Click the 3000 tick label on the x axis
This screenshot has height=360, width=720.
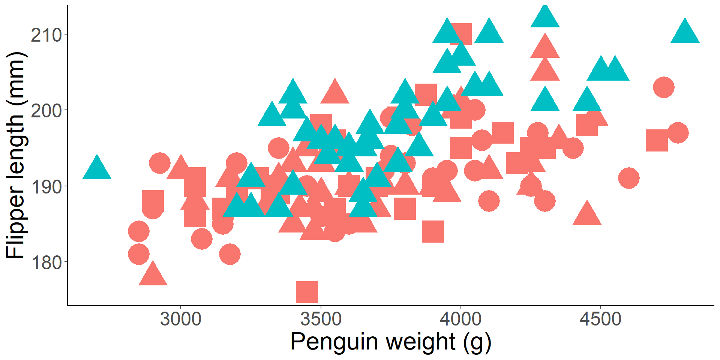point(181,319)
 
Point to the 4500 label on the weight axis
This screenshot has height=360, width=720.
point(600,319)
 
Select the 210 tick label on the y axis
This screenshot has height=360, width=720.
point(46,35)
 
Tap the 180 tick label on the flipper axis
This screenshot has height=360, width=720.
point(46,262)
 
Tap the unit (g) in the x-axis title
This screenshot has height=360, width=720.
point(477,342)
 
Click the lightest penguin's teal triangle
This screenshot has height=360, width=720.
point(97,168)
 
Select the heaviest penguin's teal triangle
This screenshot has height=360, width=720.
point(685,32)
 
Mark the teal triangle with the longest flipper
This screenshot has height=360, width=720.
point(545,16)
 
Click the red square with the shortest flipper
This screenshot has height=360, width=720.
point(307,292)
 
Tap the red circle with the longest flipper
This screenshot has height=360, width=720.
point(664,87)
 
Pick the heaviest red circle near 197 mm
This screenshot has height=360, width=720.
point(678,133)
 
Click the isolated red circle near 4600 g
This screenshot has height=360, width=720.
point(629,178)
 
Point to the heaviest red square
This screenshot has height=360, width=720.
point(657,141)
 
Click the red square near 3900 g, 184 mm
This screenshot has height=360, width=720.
point(433,231)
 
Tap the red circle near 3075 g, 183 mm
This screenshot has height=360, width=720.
point(202,239)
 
